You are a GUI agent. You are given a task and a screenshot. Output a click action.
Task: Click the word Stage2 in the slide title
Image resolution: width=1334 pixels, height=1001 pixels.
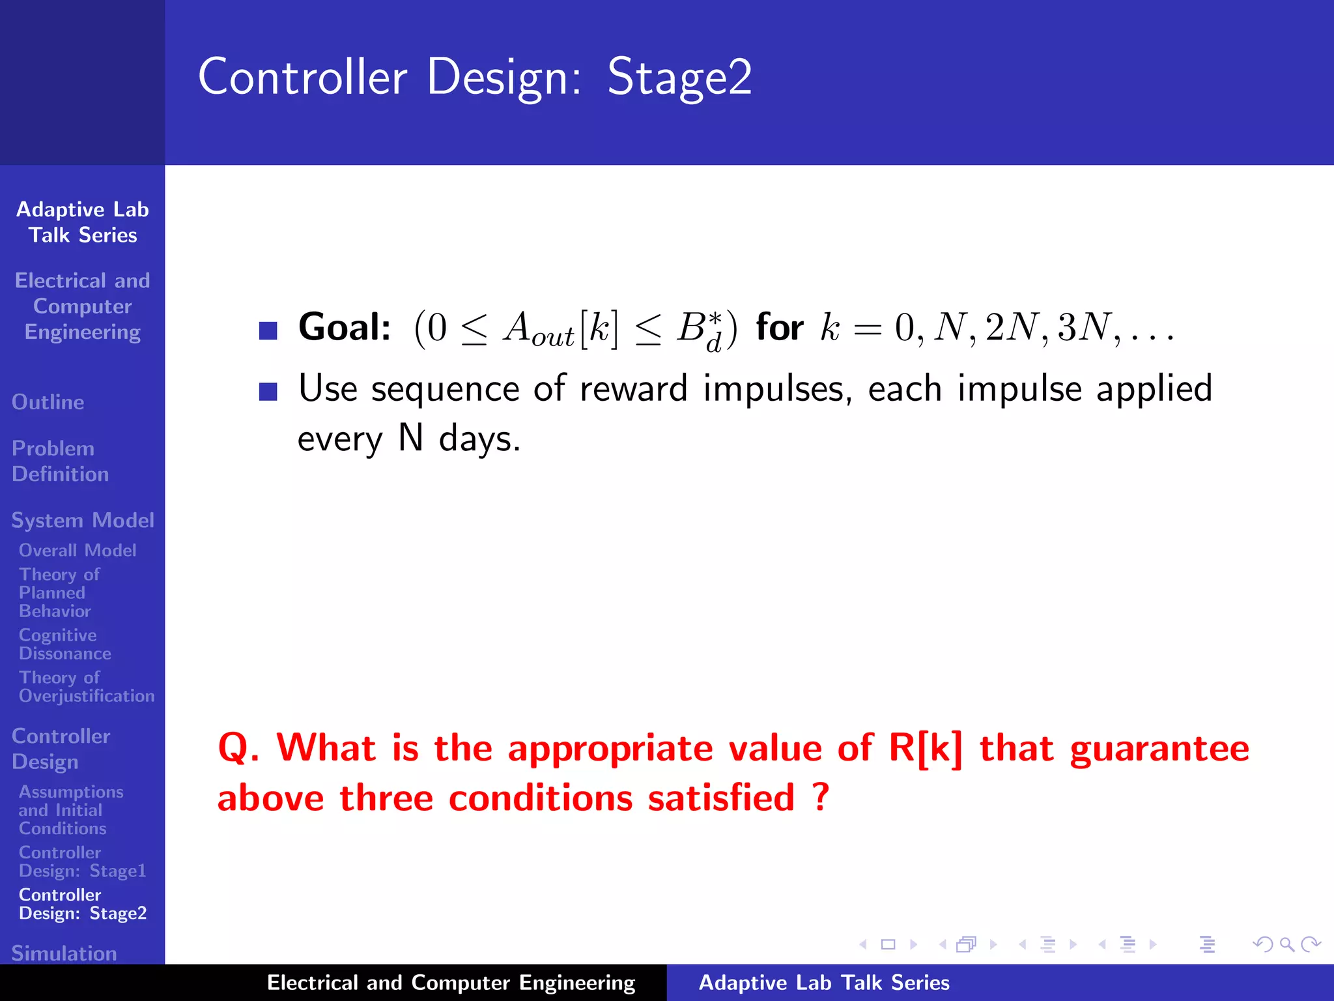[679, 78]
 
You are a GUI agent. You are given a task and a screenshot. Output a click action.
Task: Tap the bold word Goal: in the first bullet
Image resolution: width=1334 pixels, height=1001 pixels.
[345, 327]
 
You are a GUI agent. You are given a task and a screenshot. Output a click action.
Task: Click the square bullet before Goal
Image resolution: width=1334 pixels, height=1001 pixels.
[268, 331]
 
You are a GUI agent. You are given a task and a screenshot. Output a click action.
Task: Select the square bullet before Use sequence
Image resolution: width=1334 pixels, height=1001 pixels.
[268, 392]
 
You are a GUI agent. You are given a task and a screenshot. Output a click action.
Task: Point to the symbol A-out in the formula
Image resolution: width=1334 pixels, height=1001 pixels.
[537, 329]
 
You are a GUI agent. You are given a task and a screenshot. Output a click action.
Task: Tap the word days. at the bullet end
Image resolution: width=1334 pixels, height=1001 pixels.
[479, 439]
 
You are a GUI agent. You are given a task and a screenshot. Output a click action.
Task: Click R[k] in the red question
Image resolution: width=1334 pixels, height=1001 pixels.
[925, 747]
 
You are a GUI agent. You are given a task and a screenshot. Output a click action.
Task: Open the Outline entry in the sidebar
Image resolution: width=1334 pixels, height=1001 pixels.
[48, 402]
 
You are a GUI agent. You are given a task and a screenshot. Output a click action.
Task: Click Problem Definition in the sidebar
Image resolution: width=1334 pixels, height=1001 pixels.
[60, 461]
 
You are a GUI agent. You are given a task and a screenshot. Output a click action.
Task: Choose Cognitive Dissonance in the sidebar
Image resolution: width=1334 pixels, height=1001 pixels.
[64, 644]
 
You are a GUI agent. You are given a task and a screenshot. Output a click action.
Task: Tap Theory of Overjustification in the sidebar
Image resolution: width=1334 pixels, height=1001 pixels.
[86, 686]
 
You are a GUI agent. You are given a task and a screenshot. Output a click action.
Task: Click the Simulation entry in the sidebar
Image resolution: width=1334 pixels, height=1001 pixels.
[64, 953]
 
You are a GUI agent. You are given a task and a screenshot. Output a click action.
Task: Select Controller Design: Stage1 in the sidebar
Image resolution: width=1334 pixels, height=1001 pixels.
[82, 861]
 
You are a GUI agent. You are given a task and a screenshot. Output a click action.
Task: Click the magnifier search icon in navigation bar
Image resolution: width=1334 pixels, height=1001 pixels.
[1286, 944]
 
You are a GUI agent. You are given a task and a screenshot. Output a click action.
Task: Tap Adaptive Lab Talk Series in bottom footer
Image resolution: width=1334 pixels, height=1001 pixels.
[823, 983]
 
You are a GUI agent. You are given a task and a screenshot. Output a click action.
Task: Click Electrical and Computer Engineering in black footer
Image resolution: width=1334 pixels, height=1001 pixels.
[451, 983]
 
